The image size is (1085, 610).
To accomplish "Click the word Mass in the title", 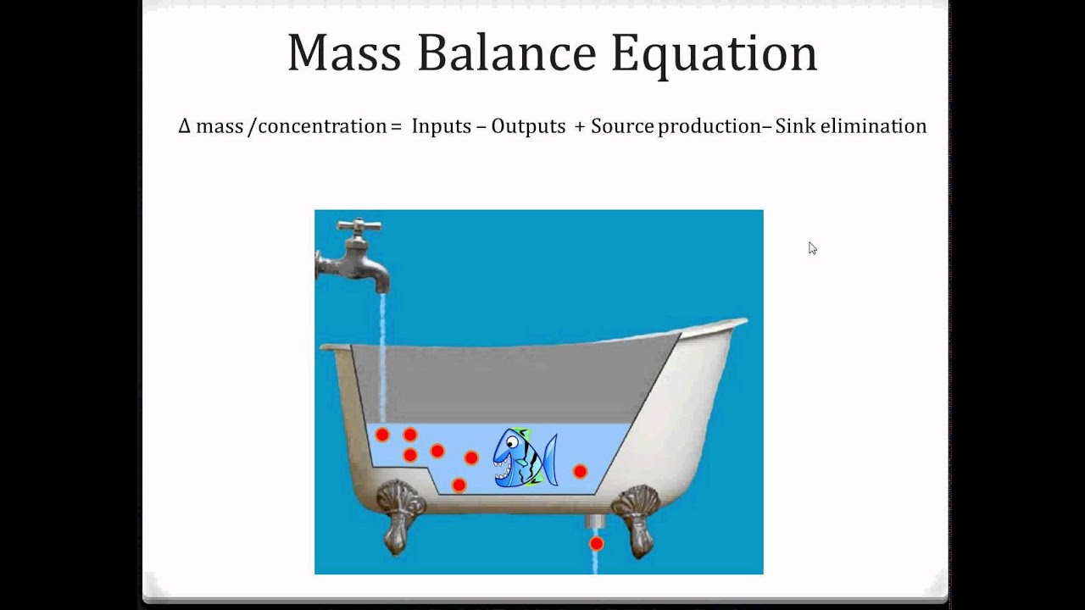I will pyautogui.click(x=343, y=53).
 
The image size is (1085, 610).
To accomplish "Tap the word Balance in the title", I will pyautogui.click(x=506, y=53).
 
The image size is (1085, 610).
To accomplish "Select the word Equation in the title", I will pyautogui.click(x=714, y=54).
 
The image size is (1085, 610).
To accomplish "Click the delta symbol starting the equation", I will pyautogui.click(x=185, y=126).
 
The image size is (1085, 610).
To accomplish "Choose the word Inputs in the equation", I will pyautogui.click(x=441, y=126).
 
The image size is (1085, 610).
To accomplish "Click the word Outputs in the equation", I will pyautogui.click(x=528, y=126).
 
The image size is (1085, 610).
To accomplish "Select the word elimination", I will pyautogui.click(x=873, y=126).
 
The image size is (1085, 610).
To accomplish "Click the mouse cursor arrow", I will pyautogui.click(x=812, y=247).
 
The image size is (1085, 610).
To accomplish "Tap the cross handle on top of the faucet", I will pyautogui.click(x=359, y=226).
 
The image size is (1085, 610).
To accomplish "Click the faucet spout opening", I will pyautogui.click(x=381, y=286).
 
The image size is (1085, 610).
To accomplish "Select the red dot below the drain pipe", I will pyautogui.click(x=596, y=543).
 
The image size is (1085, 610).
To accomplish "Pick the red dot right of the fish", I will pyautogui.click(x=580, y=471).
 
